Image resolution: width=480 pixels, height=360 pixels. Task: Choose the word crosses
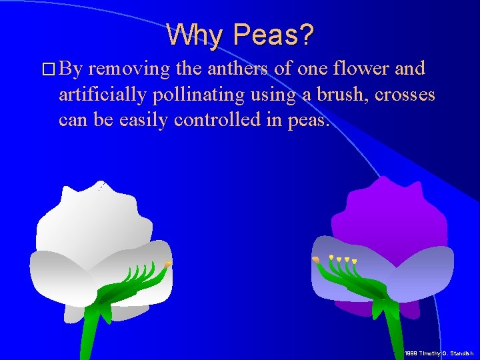405,95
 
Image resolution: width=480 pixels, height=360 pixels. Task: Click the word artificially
101,95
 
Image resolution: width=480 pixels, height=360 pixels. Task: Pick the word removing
130,69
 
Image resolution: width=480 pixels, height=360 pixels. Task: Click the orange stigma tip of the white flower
168,265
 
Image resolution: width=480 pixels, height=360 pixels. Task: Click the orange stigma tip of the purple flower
315,259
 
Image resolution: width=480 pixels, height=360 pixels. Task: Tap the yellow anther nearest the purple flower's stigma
331,257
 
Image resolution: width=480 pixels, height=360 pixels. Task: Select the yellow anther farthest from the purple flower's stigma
354,261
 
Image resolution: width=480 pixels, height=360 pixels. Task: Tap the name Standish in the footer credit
460,353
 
